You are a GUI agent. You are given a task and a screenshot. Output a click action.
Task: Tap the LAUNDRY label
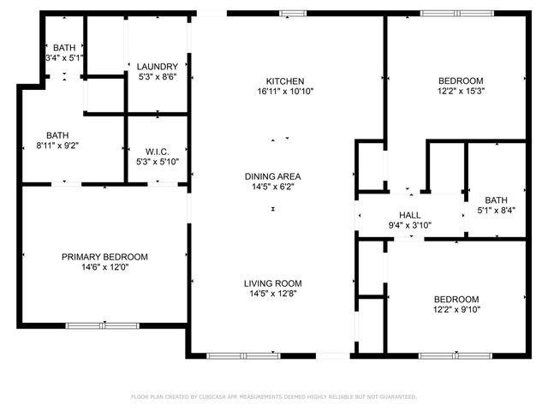(x=158, y=66)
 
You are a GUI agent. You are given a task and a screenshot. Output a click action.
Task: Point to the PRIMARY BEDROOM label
(x=104, y=257)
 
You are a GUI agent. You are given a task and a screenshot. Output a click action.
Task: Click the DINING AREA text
(x=272, y=176)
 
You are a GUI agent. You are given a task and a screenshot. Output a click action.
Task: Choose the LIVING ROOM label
(x=272, y=283)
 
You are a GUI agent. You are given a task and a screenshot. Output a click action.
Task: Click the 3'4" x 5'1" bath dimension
(x=64, y=58)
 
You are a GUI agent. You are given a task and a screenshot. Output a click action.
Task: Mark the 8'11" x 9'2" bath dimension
(x=57, y=146)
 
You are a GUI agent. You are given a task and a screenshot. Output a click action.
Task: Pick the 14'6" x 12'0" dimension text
(x=104, y=267)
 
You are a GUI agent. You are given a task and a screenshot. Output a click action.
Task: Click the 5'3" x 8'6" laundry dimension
(x=158, y=76)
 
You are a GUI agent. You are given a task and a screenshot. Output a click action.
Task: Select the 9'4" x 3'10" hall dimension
(x=409, y=226)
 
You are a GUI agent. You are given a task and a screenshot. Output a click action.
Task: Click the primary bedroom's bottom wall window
(x=103, y=325)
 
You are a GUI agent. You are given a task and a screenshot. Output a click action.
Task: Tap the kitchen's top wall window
(x=294, y=12)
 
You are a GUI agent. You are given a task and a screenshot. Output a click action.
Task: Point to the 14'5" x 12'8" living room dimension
(x=272, y=294)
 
